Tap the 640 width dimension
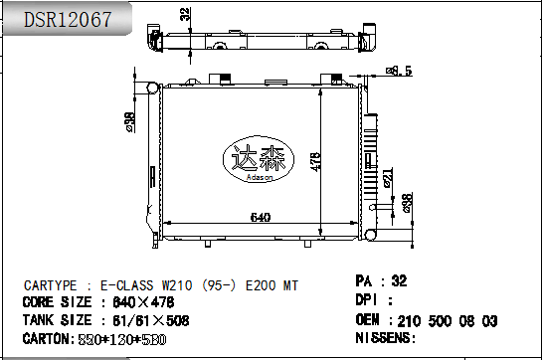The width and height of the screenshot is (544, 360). (260, 218)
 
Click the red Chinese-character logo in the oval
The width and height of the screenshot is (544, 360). (258, 157)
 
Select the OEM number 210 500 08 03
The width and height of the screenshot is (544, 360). (449, 320)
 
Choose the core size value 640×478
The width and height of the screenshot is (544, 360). (143, 302)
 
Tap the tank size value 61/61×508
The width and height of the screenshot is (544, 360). (149, 320)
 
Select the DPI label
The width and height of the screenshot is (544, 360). (369, 300)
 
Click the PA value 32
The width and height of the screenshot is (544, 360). (399, 281)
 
